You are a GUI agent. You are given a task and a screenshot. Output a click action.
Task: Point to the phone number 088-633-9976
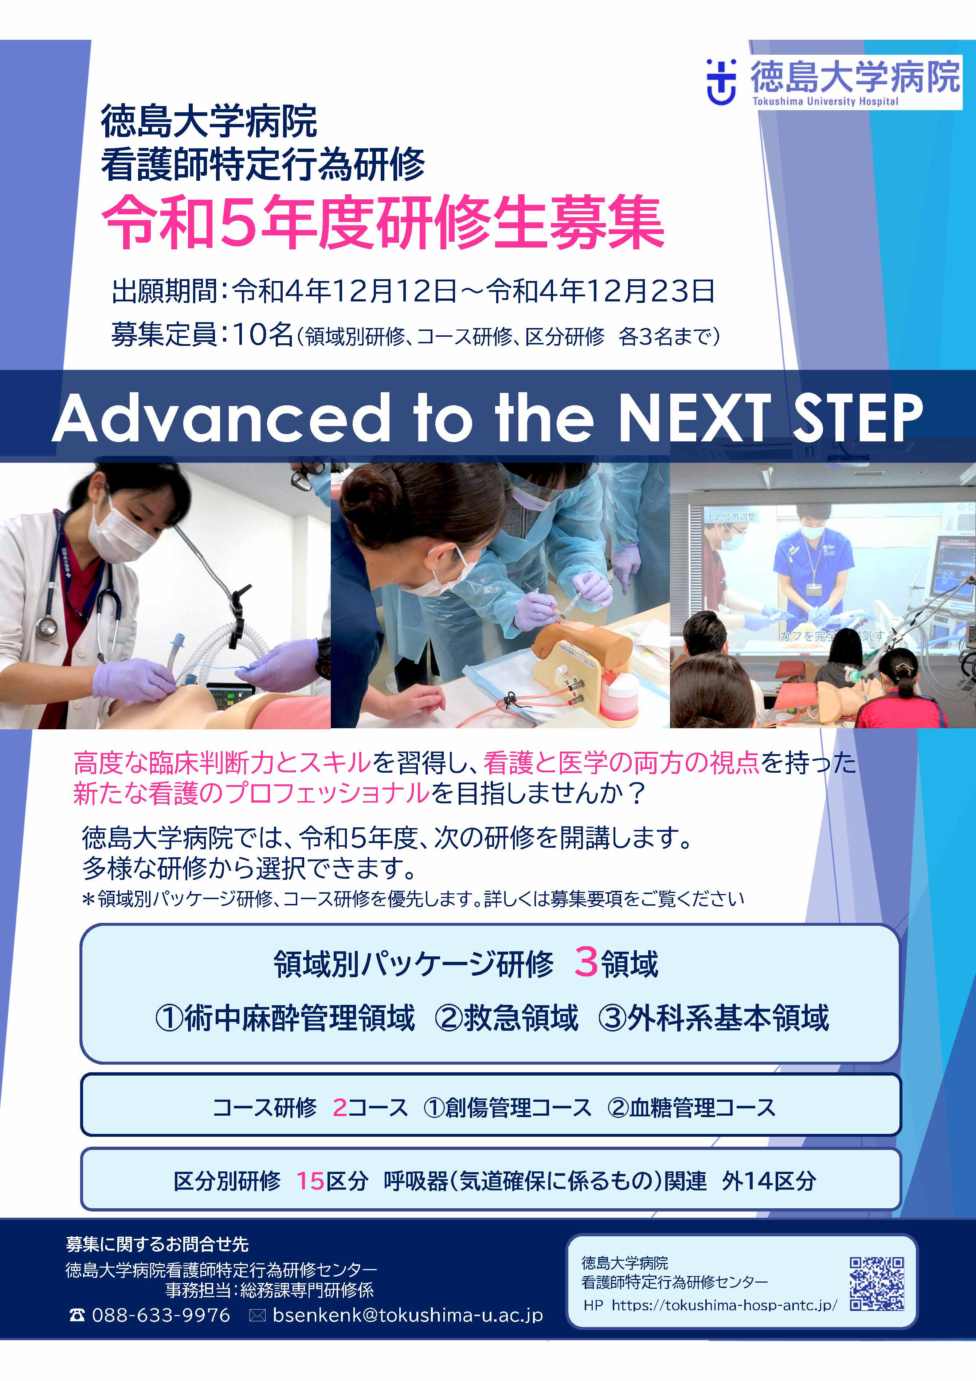(161, 1315)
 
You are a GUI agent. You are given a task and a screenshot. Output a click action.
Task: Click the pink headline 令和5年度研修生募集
(383, 223)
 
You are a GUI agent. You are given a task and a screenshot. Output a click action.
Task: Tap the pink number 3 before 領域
(586, 962)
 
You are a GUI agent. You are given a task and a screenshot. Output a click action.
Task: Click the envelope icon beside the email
(257, 1316)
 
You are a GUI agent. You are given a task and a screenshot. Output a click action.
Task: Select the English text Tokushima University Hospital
(825, 101)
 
